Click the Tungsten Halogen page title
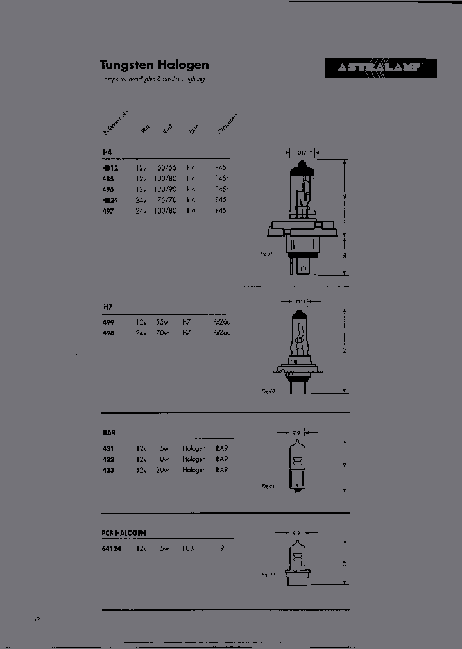coord(154,65)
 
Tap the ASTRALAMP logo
coord(380,68)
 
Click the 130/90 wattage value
coord(165,189)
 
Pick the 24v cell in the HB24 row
coord(141,199)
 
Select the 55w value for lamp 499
coord(161,322)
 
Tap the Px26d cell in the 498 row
coord(222,333)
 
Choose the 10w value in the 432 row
coord(161,459)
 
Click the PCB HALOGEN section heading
coord(124,533)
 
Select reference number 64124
coord(111,549)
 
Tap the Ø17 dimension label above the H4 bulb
coord(302,153)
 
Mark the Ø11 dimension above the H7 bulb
coord(300,301)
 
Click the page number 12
coord(37,619)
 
